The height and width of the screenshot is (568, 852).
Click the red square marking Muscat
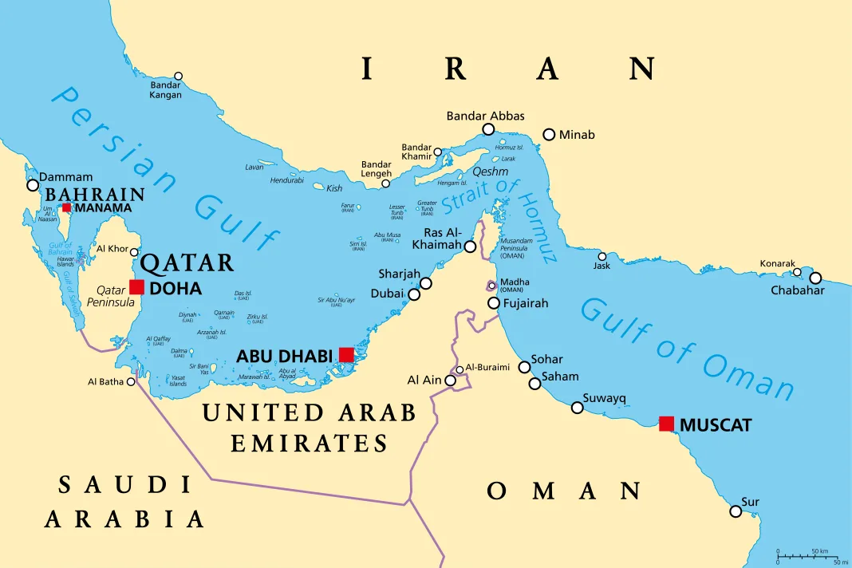pyautogui.click(x=666, y=424)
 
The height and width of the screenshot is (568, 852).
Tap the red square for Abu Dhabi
pyautogui.click(x=346, y=354)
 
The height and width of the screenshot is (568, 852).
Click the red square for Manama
pyautogui.click(x=67, y=207)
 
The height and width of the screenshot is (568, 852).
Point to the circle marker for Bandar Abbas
pyautogui.click(x=488, y=129)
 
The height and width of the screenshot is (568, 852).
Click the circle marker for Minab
pyautogui.click(x=549, y=135)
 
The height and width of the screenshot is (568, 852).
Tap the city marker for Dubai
pyautogui.click(x=414, y=294)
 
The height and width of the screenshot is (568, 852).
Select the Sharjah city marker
pyautogui.click(x=426, y=283)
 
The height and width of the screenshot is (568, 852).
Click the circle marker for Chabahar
pyautogui.click(x=815, y=278)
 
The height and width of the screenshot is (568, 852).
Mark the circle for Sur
pyautogui.click(x=736, y=511)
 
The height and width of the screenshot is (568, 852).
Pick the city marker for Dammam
pyautogui.click(x=33, y=185)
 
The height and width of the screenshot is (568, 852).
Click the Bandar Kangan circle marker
pyautogui.click(x=178, y=77)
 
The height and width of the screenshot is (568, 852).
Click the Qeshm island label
pyautogui.click(x=490, y=171)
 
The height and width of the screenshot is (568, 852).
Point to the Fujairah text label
pyautogui.click(x=526, y=303)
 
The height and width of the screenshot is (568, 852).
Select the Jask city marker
pyautogui.click(x=602, y=256)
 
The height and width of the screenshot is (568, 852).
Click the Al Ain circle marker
pyautogui.click(x=451, y=381)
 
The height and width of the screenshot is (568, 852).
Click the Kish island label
pyautogui.click(x=335, y=188)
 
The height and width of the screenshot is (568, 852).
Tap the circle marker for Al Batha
pyautogui.click(x=132, y=381)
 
